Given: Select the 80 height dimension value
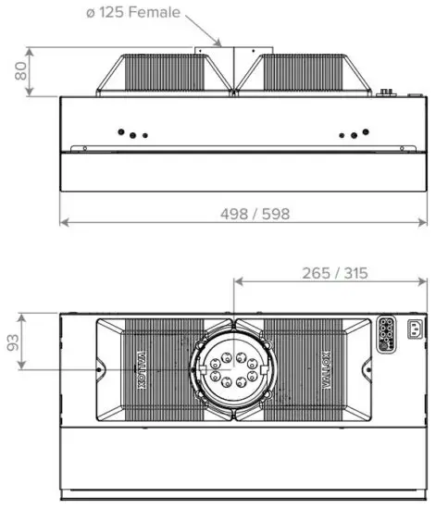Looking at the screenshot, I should [x=19, y=70].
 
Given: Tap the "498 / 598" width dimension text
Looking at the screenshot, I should [x=255, y=214].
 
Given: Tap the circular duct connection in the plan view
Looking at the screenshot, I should [x=232, y=367].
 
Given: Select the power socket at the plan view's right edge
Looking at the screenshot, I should [x=409, y=332].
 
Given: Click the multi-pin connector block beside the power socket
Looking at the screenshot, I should [x=385, y=334].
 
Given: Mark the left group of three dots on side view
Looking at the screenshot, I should [x=135, y=134].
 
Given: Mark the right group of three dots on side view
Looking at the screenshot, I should [x=350, y=134].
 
